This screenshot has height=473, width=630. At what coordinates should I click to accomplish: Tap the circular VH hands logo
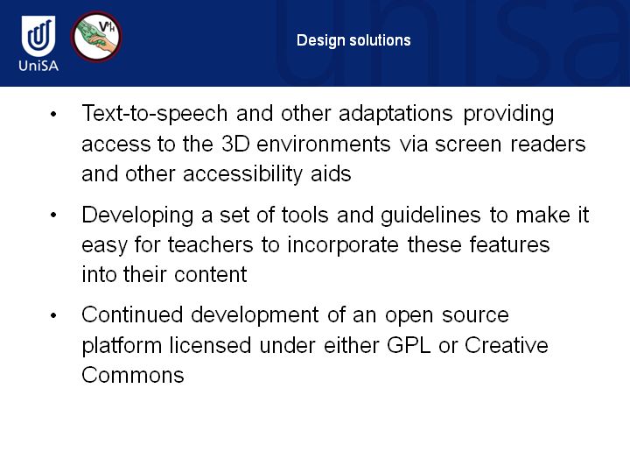coord(96,37)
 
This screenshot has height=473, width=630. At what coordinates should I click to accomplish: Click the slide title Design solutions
coord(353,40)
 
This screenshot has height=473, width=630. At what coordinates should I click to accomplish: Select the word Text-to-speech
coord(155,114)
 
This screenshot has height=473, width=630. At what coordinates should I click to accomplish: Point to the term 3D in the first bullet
coord(235,144)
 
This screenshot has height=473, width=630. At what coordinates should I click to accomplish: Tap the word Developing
coord(137,215)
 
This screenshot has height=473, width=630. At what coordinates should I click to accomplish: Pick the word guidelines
coord(430,215)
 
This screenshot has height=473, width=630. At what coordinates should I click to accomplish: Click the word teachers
coord(211,245)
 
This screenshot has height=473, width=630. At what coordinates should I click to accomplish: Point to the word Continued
coord(132,314)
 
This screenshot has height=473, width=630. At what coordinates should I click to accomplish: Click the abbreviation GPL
coord(409,345)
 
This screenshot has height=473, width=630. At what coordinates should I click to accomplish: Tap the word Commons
coord(133,375)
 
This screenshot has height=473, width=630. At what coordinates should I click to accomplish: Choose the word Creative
coord(507,345)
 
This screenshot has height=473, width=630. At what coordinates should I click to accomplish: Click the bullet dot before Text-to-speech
coord(53,114)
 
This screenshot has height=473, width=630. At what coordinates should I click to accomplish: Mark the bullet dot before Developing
coord(53,215)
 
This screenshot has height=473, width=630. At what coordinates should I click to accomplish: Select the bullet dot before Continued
coord(53,315)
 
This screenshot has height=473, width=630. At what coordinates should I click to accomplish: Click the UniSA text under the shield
coord(38,65)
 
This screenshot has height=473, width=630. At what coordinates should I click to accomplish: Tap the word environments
coord(324,144)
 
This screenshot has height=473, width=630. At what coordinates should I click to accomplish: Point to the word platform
coord(122,345)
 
